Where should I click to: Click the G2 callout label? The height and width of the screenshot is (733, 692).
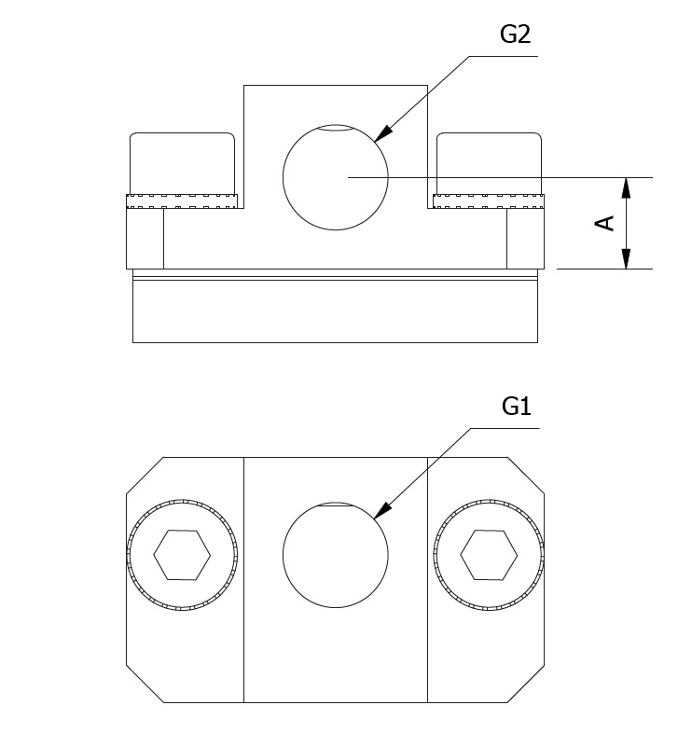515,35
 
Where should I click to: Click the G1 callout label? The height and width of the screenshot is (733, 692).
517,406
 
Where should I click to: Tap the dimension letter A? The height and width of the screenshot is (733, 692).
604,223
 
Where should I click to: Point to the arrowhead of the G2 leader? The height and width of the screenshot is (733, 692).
382,133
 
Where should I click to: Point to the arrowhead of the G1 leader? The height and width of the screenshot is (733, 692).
382,510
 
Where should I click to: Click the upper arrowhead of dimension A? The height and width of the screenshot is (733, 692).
626,187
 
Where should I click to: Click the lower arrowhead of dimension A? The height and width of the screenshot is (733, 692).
626,259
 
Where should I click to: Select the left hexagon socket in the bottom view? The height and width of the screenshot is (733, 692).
182,555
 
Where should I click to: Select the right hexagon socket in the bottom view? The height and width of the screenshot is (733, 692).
489,555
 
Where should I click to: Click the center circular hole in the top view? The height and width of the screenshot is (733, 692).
336,177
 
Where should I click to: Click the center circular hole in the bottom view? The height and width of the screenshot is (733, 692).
336,555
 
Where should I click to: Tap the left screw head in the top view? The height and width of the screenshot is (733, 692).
182,163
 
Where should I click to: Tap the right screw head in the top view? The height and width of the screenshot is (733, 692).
489,163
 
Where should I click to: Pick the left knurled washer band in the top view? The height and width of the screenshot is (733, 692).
182,201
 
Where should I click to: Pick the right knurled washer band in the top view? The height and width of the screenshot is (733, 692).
489,201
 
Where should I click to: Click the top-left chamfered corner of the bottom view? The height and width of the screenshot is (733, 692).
145,475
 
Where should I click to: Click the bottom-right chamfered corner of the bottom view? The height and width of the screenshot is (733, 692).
526,684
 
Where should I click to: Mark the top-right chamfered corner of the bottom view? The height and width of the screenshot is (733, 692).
526,475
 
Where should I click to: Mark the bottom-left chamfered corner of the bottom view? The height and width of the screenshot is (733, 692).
145,684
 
